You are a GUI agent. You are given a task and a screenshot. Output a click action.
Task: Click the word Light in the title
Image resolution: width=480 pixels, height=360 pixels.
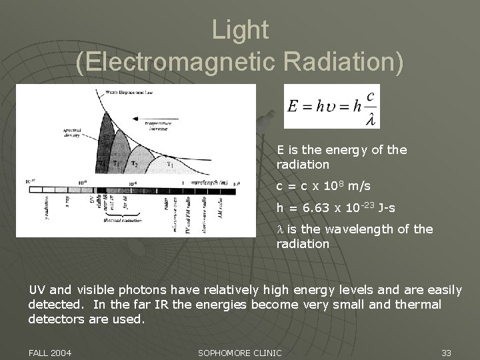pos(240,30)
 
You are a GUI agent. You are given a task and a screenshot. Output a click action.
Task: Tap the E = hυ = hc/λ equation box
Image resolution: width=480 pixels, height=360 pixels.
pos(332,106)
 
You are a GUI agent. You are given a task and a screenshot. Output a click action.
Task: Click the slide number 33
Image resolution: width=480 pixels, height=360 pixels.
pos(446,352)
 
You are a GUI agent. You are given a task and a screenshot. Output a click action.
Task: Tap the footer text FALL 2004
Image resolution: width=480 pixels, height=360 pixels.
pos(49,352)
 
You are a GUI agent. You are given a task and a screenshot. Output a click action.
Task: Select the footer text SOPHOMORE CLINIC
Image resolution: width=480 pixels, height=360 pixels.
pos(240,352)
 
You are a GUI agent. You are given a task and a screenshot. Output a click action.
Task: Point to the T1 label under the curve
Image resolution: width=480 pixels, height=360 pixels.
pos(170,165)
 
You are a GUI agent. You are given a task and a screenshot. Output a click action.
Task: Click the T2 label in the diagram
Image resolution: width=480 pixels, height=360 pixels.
pos(135,163)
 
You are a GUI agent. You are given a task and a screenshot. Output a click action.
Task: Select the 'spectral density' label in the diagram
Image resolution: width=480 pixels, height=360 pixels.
pos(72,132)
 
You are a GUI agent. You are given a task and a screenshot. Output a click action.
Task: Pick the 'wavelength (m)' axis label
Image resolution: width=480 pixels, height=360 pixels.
pos(209,182)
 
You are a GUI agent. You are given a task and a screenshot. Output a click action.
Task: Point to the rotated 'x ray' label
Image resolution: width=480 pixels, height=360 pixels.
pos(67,202)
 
